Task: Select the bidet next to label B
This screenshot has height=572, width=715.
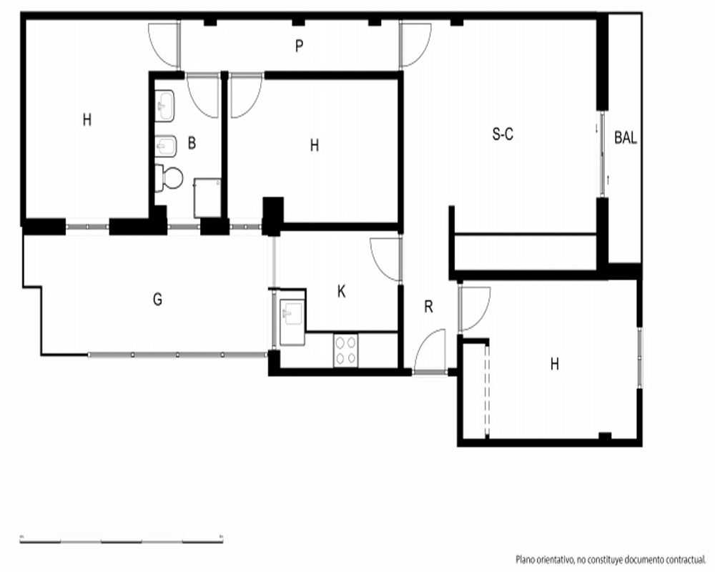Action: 165,146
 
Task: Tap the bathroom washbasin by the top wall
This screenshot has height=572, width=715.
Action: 164,107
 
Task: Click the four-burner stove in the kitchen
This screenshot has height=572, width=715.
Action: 345,350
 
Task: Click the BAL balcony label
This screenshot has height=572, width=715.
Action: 625,138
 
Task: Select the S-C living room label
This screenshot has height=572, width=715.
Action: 503,134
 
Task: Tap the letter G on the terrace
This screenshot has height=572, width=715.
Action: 157,300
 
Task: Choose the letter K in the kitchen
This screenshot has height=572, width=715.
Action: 341,292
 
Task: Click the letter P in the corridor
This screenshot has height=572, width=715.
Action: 299,46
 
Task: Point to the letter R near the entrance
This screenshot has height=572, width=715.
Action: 428,307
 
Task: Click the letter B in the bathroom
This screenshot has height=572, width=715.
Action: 192,143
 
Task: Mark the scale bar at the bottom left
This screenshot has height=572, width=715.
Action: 122,541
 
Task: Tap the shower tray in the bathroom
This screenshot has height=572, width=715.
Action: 207,198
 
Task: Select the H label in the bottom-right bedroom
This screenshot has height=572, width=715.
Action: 555,364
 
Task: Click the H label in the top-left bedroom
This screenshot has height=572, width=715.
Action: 87,120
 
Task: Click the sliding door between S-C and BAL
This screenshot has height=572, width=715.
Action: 603,154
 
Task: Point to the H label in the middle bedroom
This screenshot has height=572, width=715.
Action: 314,146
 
